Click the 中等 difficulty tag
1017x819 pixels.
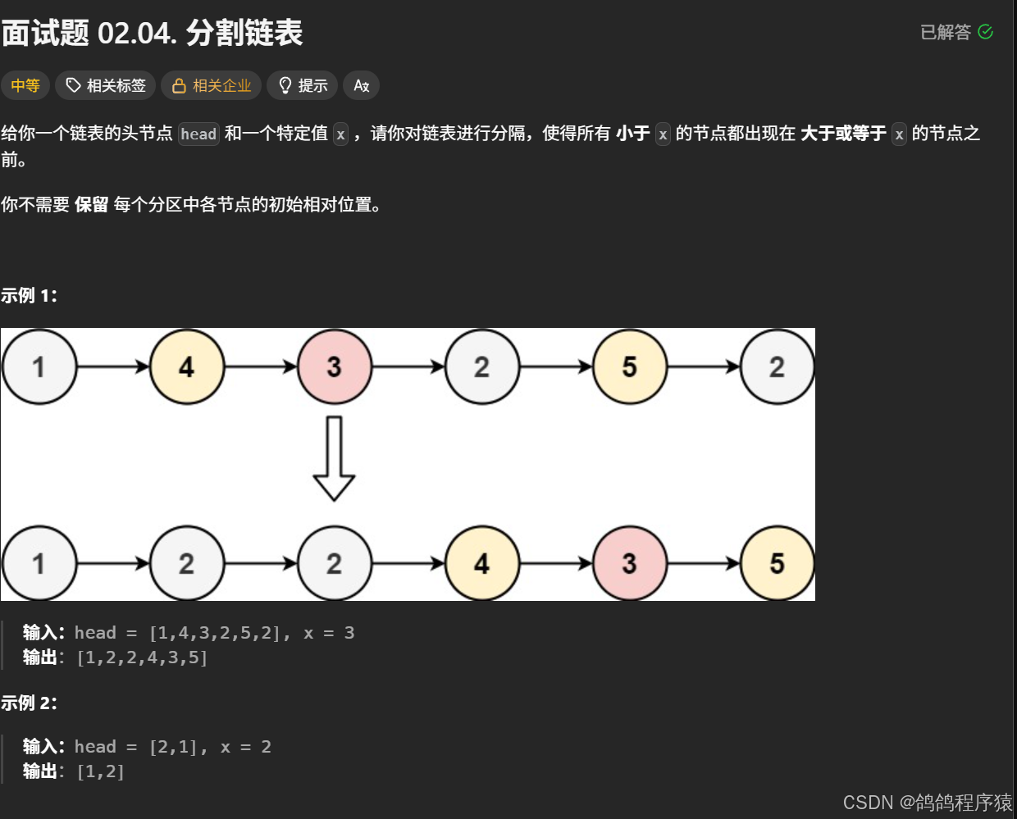pos(25,85)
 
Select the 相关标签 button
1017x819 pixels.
pos(106,85)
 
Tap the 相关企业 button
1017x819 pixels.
pos(212,85)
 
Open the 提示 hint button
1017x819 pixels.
pos(303,85)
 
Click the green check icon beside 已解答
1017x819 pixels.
pos(986,32)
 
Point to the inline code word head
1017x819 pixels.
pos(198,134)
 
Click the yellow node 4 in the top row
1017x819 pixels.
pos(187,366)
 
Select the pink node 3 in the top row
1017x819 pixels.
pos(335,366)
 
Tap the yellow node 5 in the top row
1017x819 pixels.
pos(630,366)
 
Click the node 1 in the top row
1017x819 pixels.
pos(39,366)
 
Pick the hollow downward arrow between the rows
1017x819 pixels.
pos(334,458)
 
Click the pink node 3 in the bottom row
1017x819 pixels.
pos(630,563)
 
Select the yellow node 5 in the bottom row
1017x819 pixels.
pos(778,563)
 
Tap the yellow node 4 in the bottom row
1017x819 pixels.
pos(482,563)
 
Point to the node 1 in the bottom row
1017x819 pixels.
pos(39,563)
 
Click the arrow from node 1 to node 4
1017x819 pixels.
pos(113,366)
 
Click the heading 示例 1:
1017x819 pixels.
pos(30,295)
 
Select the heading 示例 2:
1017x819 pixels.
pos(30,703)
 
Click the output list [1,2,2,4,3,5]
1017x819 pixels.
pos(142,657)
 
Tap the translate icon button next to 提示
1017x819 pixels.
pos(361,85)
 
